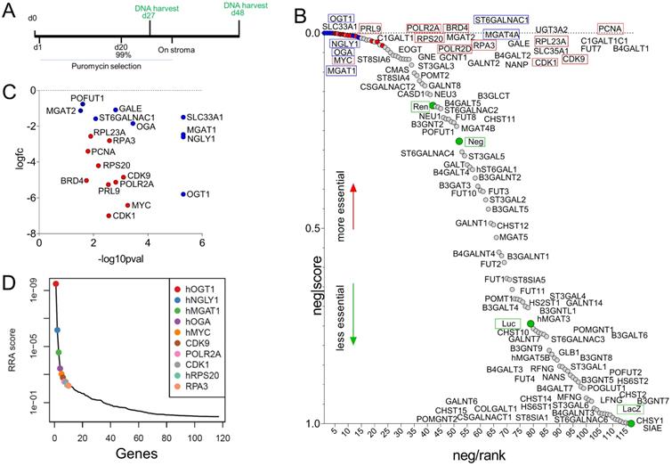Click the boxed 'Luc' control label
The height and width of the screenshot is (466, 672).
pos(508,323)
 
